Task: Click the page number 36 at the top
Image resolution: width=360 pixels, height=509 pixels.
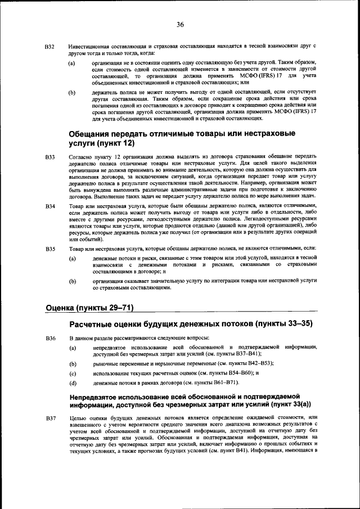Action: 180,24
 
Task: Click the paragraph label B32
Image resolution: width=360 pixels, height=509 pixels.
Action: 49,46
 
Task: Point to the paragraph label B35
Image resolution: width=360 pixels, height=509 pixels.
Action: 49,249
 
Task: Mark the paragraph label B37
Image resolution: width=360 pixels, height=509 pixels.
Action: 49,418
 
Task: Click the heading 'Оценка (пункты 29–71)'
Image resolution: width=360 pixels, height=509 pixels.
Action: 88,308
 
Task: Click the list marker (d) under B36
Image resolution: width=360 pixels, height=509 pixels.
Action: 72,383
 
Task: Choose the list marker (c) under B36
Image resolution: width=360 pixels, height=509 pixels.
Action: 72,373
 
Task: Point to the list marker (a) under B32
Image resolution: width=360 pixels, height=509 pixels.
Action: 72,63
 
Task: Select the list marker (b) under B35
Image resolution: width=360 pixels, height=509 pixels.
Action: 72,280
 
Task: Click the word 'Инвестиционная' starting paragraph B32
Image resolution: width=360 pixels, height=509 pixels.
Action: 88,45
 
